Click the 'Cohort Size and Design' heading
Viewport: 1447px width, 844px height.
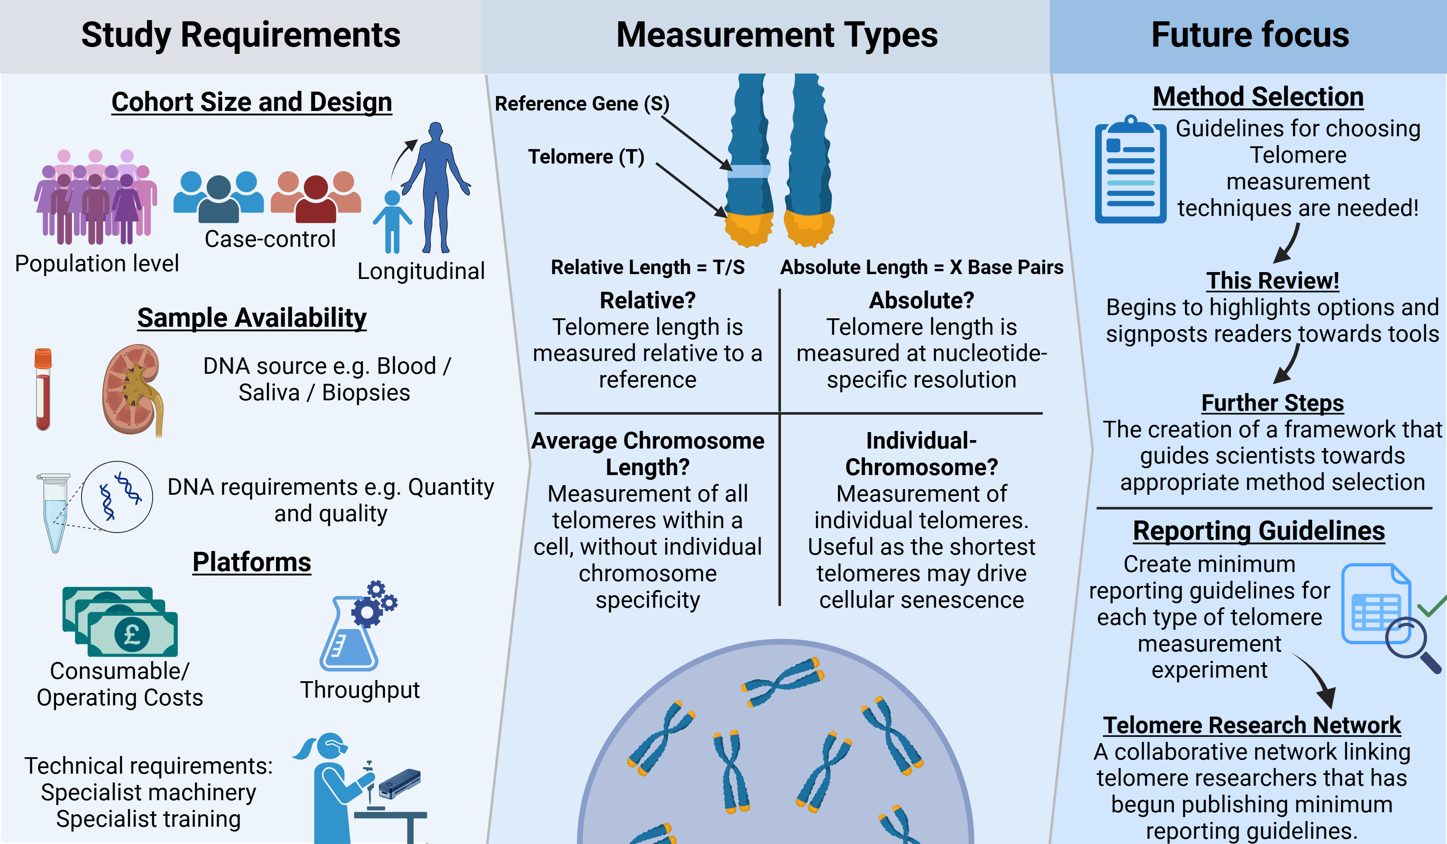coord(252,102)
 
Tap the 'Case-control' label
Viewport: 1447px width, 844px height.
coord(270,239)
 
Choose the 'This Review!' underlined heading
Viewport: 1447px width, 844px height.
coord(1273,281)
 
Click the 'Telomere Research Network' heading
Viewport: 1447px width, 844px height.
coord(1252,725)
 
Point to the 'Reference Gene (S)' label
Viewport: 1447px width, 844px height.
coord(582,104)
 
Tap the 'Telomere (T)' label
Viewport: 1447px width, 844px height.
coord(586,157)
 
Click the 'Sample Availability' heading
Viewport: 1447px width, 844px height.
coord(252,318)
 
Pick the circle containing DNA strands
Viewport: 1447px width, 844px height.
coord(117,497)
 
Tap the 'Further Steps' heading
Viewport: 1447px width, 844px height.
coord(1273,403)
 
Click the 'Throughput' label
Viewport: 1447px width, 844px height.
coord(359,690)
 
